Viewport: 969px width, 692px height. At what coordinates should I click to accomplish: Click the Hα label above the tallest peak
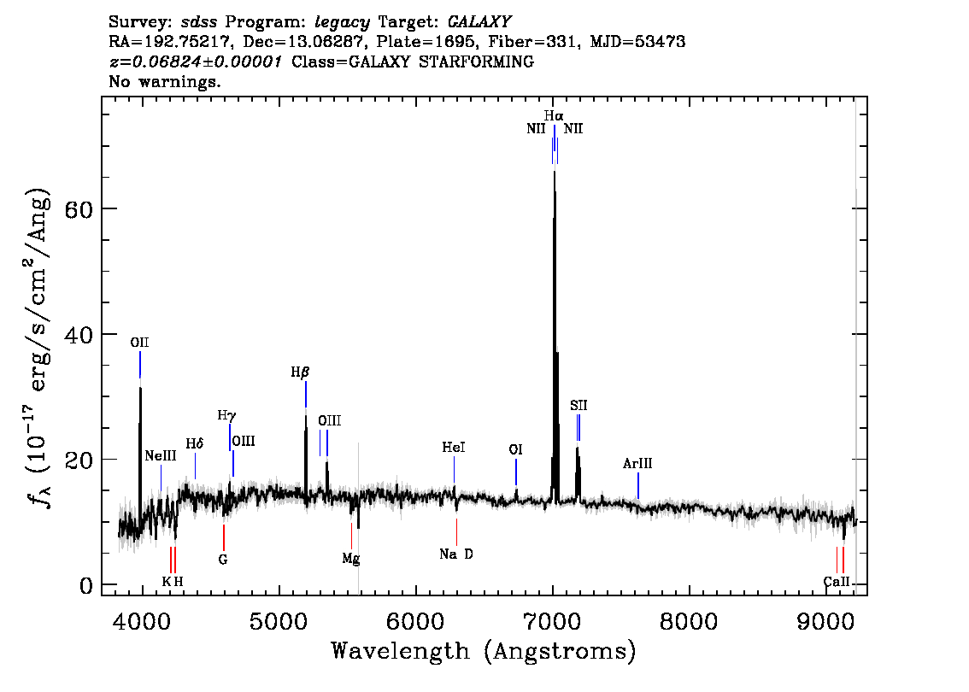554,115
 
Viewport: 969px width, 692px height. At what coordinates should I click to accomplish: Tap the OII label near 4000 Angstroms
139,343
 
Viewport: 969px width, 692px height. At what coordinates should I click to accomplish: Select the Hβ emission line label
300,372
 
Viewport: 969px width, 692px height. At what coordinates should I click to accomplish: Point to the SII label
578,405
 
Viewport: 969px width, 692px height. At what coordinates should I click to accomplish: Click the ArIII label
637,463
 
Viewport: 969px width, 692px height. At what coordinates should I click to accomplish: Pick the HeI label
454,447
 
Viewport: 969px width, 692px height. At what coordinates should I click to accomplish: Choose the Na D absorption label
456,554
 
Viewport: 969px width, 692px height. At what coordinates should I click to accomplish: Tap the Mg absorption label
351,560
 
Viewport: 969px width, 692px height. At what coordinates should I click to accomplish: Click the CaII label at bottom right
837,582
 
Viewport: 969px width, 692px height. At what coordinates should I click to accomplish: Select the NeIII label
161,456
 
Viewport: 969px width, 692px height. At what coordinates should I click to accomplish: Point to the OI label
515,449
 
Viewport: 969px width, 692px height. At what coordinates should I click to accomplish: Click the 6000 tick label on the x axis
416,622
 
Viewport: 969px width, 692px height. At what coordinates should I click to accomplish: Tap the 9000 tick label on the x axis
825,622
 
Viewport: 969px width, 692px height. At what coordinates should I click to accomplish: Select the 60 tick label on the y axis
79,208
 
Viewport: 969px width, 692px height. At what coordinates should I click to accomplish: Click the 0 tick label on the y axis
86,585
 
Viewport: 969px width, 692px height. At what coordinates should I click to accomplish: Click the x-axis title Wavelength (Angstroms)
484,651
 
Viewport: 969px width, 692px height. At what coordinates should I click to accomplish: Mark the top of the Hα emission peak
555,171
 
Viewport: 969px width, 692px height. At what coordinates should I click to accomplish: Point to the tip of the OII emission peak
140,387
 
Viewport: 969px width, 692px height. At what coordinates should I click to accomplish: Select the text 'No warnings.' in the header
165,81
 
